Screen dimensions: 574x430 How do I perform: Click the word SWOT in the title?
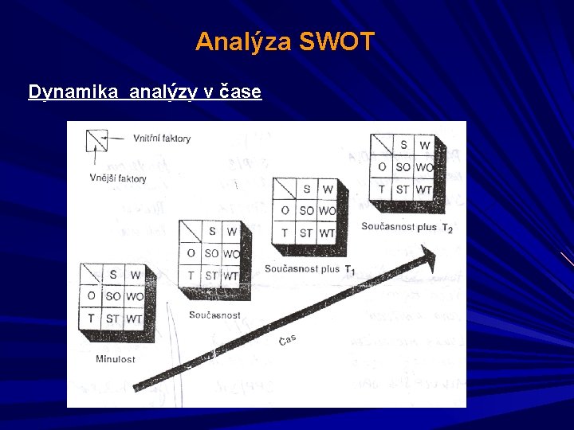tap(336, 41)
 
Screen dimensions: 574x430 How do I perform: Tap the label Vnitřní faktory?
tap(162, 139)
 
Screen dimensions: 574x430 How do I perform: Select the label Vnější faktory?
tap(118, 178)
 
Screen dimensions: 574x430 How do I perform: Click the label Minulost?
tap(115, 358)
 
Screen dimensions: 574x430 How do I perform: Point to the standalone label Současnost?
tap(214, 315)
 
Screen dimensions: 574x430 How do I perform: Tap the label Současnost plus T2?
tap(407, 227)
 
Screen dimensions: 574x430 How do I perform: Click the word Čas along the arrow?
tap(288, 340)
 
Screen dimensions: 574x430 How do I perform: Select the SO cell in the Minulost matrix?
tap(113, 297)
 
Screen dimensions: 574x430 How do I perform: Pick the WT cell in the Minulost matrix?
tap(134, 319)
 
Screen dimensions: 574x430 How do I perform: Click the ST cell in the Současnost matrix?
tap(211, 276)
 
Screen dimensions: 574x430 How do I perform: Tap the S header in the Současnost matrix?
tap(211, 232)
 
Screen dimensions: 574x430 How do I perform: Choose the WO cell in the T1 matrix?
tap(327, 211)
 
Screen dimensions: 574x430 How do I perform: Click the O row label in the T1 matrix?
tap(285, 211)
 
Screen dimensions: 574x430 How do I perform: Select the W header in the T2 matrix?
tap(424, 145)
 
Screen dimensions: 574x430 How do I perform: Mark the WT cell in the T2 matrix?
tap(423, 190)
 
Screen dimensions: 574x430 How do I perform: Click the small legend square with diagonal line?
tap(96, 140)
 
